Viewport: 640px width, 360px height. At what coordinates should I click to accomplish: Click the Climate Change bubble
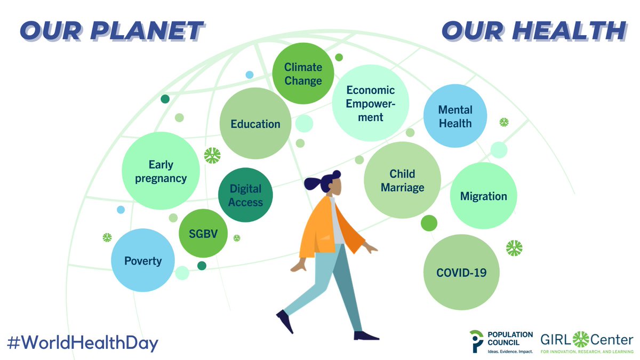point(303,74)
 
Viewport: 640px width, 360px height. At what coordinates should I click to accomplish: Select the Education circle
point(255,124)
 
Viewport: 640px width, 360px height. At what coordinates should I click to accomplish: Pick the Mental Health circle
point(455,116)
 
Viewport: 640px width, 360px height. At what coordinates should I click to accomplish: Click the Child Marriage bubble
point(403,180)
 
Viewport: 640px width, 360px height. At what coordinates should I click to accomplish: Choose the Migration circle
point(483,196)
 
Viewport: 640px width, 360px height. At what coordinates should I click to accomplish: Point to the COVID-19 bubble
point(461,273)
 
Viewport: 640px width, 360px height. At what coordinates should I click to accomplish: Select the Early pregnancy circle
point(161,171)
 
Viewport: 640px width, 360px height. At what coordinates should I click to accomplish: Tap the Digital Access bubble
point(246,195)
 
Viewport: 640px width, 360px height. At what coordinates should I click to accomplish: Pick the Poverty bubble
point(142,260)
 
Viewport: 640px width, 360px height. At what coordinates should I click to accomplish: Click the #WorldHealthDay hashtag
point(83,342)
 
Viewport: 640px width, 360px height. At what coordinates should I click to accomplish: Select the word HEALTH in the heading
point(567,30)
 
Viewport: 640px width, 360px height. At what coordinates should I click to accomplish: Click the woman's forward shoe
point(366,335)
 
